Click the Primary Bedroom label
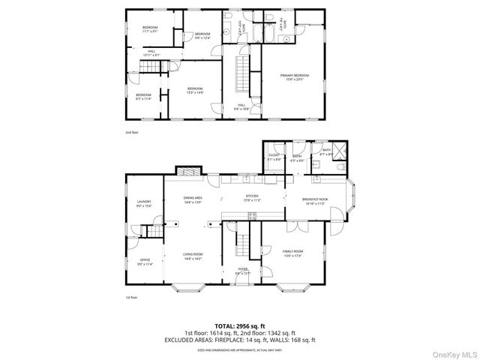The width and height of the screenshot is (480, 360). (294, 76)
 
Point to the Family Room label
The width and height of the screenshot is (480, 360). (292, 253)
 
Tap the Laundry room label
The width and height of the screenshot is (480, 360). (144, 203)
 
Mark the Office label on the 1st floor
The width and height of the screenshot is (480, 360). (145, 262)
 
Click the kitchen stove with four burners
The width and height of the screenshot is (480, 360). (252, 217)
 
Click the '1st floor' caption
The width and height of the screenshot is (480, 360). (130, 298)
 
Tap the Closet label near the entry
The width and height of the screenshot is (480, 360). (274, 157)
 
